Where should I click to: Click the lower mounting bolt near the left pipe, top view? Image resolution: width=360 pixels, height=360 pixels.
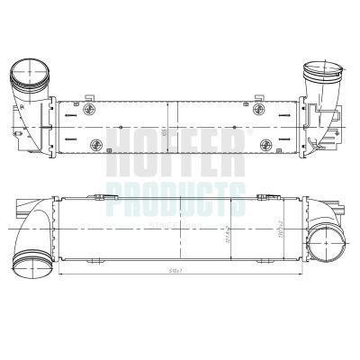coord(90,145)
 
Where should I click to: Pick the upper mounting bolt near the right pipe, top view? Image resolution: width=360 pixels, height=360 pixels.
coord(261,109)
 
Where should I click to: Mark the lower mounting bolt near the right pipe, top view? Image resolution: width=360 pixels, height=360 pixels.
coord(264,145)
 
